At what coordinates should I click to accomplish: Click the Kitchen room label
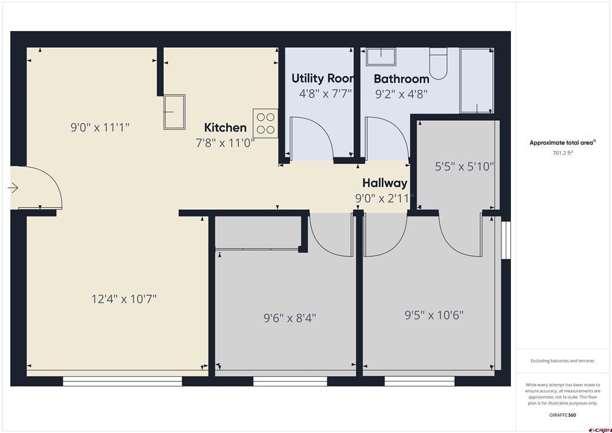[x=225, y=127]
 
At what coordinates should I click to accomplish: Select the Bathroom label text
[x=401, y=79]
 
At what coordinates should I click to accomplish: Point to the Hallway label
[x=385, y=183]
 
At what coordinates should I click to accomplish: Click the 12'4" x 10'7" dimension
[x=124, y=299]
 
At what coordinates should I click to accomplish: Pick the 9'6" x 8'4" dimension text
[x=290, y=318]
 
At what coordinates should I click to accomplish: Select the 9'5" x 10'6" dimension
[x=434, y=315]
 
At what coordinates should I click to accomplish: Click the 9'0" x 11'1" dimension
[x=100, y=127]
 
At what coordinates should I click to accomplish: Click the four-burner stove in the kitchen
[x=265, y=123]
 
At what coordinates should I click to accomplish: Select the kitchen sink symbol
[x=175, y=111]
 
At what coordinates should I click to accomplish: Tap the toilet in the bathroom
[x=439, y=64]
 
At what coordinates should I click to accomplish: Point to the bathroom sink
[x=380, y=57]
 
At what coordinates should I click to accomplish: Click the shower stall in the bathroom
[x=476, y=80]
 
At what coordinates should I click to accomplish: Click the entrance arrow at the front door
[x=13, y=188]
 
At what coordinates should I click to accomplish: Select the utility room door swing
[x=311, y=138]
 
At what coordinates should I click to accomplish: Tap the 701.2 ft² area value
[x=562, y=153]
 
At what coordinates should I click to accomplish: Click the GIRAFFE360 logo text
[x=562, y=415]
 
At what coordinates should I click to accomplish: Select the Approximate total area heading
[x=562, y=142]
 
